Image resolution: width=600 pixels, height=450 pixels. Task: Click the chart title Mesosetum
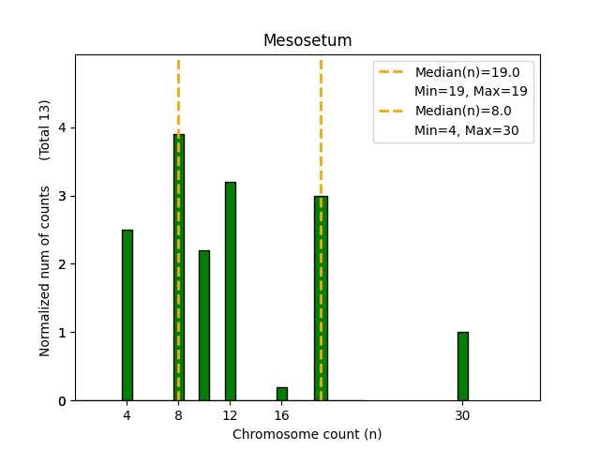coord(307,40)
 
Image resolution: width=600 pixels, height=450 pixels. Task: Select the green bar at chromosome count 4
coord(127,315)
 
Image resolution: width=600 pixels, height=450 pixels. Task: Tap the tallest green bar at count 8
coord(178,267)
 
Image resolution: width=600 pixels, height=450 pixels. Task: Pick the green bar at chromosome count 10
coord(204,325)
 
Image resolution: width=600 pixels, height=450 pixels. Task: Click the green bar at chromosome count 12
coord(230,292)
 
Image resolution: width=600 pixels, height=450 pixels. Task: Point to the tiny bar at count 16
coord(281,394)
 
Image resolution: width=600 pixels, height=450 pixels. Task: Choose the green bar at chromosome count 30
coord(462,367)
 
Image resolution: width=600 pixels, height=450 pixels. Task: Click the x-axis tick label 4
coord(127,414)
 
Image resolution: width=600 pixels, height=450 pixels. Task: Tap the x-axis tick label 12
coord(230,414)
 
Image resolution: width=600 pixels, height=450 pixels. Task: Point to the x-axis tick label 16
coord(281,414)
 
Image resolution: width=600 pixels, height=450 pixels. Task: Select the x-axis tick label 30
coord(462,414)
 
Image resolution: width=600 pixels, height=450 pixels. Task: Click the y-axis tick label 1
coord(61,333)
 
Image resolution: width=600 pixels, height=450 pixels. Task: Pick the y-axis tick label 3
coord(61,196)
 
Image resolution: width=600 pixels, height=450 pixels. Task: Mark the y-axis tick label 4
coord(61,127)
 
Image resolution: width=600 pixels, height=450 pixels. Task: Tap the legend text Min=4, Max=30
coord(473,130)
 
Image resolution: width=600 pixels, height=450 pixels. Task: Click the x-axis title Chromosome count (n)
coord(307,434)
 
